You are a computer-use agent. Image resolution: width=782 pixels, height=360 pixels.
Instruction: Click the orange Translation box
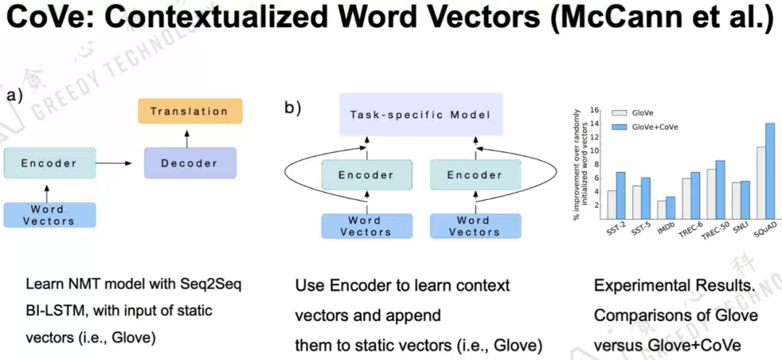tap(189, 112)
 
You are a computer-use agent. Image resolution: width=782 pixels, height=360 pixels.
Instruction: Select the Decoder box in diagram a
tap(190, 163)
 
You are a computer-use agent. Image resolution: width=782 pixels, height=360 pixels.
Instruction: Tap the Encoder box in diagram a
tap(49, 163)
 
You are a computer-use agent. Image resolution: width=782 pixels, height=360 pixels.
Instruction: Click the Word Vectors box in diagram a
tap(49, 214)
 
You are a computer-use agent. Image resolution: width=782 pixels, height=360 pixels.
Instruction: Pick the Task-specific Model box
tap(420, 115)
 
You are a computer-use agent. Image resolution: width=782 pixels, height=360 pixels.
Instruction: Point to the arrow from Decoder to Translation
tap(189, 135)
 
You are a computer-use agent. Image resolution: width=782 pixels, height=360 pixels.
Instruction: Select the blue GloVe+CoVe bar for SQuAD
tap(769, 170)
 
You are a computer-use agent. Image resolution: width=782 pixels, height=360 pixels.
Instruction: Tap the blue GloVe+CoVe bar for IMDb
tap(670, 207)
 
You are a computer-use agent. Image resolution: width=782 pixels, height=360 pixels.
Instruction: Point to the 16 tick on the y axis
tap(595, 110)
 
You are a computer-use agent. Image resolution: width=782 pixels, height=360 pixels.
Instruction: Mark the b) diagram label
tap(293, 108)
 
